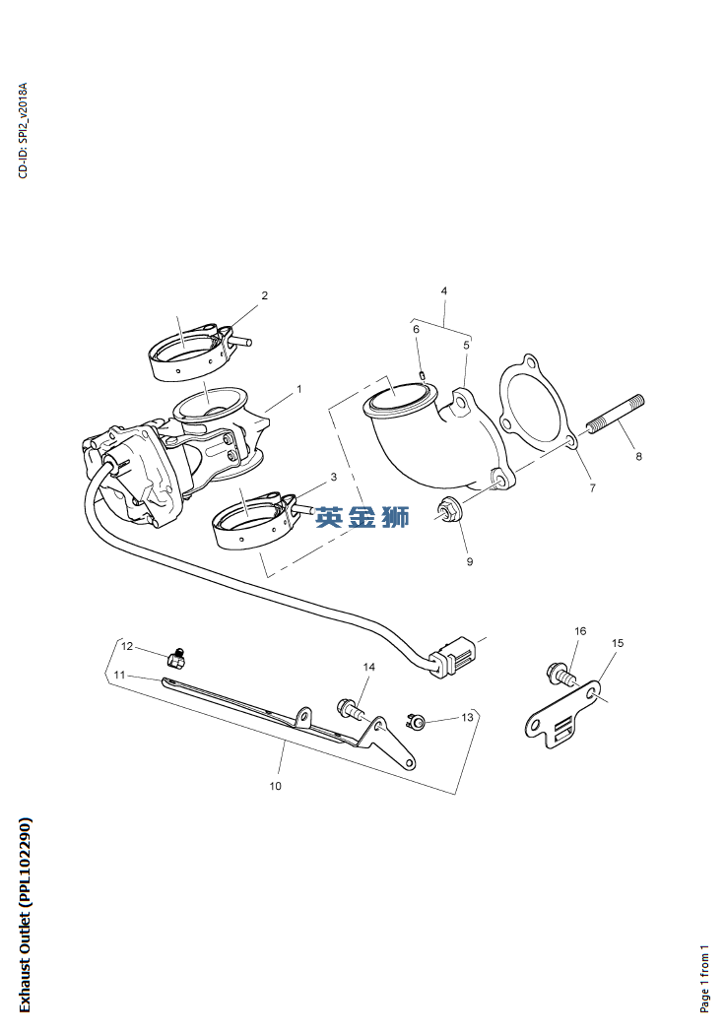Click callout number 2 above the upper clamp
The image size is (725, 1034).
click(x=264, y=295)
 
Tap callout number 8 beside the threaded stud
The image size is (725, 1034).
click(x=638, y=457)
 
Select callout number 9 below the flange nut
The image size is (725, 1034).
click(x=469, y=561)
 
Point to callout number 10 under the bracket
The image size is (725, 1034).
click(x=275, y=786)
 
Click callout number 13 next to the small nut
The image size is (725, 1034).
click(x=468, y=717)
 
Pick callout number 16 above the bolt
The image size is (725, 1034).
click(x=580, y=631)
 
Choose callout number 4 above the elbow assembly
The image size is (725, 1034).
click(x=444, y=291)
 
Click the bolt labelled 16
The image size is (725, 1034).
click(x=561, y=676)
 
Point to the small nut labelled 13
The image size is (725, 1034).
click(x=418, y=724)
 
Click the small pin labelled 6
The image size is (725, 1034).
click(x=422, y=373)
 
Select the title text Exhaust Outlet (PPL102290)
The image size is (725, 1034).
click(x=25, y=914)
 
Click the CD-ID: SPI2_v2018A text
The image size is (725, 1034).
click(x=24, y=130)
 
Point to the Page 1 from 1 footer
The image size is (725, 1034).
click(x=704, y=978)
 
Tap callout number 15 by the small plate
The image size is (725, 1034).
click(x=618, y=643)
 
